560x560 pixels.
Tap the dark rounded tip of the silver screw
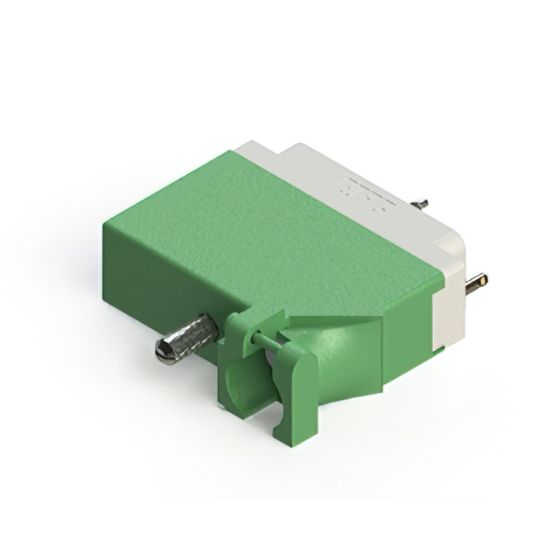coord(163,352)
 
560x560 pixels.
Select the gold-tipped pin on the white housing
coord(476,283)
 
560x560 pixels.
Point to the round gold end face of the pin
coord(483,281)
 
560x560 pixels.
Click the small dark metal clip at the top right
coord(420,204)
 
